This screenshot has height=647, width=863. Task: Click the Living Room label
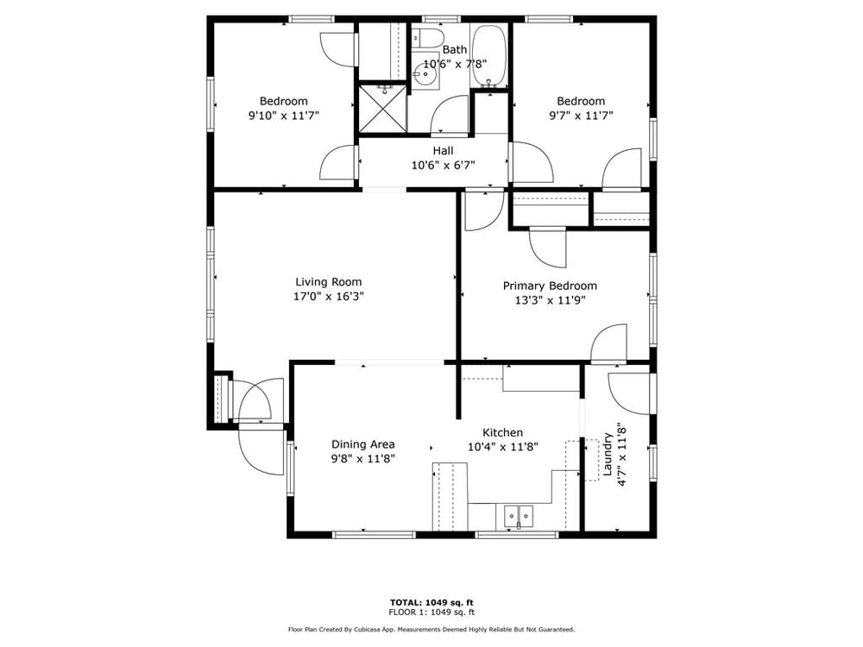click(x=329, y=282)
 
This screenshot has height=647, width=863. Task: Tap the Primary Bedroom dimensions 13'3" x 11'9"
click(x=550, y=300)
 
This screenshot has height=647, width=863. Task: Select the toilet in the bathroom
click(x=428, y=37)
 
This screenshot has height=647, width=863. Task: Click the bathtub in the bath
click(x=488, y=56)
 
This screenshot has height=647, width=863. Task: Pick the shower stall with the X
click(x=384, y=108)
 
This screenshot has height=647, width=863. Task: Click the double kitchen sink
click(x=519, y=517)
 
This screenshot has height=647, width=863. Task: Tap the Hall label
click(x=443, y=151)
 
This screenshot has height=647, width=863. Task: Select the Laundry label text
click(x=608, y=454)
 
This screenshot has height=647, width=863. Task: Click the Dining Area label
click(x=362, y=444)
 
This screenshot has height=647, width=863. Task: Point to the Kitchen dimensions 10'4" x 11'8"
click(x=502, y=447)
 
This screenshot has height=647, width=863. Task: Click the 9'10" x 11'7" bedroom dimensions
click(x=284, y=116)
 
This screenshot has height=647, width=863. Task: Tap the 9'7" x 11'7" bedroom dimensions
click(x=581, y=116)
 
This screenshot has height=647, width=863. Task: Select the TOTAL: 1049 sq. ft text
click(x=431, y=602)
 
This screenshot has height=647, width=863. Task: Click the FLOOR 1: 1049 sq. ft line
click(x=431, y=612)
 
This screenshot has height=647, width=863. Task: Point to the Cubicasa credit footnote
click(x=431, y=630)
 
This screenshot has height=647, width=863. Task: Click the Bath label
click(x=455, y=49)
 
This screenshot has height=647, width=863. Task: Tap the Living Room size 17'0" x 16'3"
click(x=329, y=297)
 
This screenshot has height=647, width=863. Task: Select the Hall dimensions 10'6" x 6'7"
click(x=443, y=165)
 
